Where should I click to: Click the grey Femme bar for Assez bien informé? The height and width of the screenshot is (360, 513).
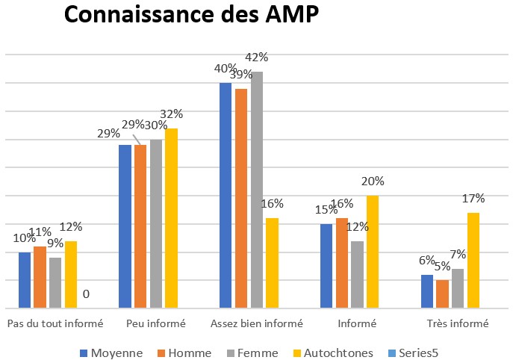coord(257,190)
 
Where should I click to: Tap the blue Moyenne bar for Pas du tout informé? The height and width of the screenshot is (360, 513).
coord(25,280)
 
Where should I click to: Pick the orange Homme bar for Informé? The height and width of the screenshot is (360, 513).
coord(342,263)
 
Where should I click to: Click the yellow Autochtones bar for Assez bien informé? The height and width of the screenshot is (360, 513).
coord(272,263)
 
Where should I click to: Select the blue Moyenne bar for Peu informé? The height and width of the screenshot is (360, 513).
coord(125,226)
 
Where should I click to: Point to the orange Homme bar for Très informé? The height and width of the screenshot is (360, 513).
coord(443,294)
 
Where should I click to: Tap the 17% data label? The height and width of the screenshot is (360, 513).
coord(473,199)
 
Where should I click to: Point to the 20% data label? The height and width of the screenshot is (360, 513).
coord(373,181)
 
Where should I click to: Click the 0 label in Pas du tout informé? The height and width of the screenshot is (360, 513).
coord(86,294)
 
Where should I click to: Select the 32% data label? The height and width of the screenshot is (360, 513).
coord(172,114)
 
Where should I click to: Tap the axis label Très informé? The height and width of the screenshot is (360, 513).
coord(458,324)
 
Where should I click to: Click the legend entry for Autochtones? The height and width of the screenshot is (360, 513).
coord(336,353)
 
